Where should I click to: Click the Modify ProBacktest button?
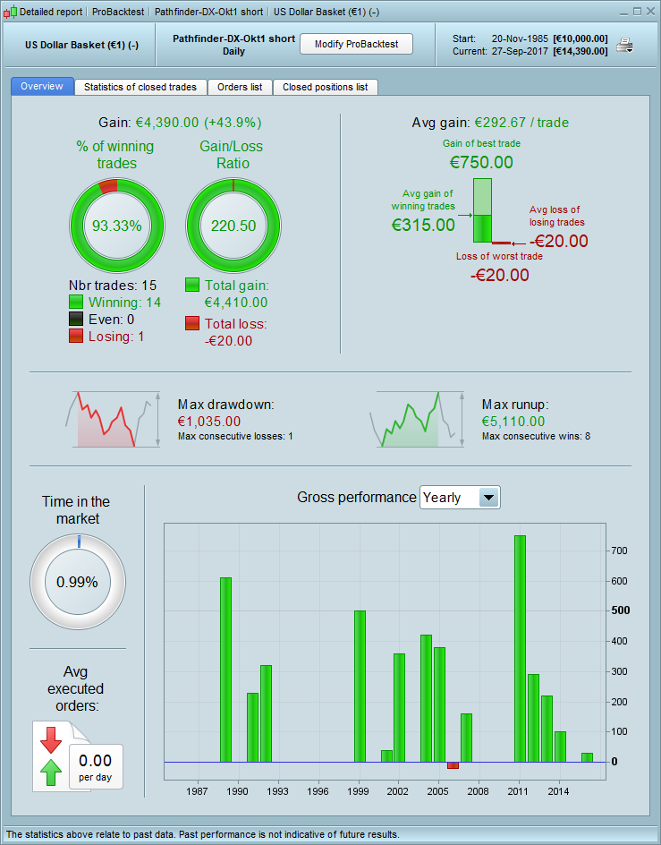(355, 44)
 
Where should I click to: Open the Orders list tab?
(240, 87)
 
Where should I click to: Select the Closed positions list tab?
(325, 87)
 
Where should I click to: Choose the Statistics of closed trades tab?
(140, 87)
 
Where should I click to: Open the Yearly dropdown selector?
(488, 498)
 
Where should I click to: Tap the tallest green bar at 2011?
(520, 648)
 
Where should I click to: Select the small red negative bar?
(453, 765)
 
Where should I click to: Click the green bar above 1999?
(360, 686)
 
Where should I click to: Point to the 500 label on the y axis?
(621, 610)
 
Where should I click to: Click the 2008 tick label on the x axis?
(478, 792)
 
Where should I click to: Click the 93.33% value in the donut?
(118, 226)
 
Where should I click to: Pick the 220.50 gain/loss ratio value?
(233, 226)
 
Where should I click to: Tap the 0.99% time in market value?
(77, 581)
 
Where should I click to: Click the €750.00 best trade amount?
(481, 162)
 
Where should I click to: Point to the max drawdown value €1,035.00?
(209, 422)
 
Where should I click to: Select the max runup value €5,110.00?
(513, 422)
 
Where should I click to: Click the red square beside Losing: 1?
(76, 337)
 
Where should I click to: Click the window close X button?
(649, 12)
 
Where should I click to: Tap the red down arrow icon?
(49, 738)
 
